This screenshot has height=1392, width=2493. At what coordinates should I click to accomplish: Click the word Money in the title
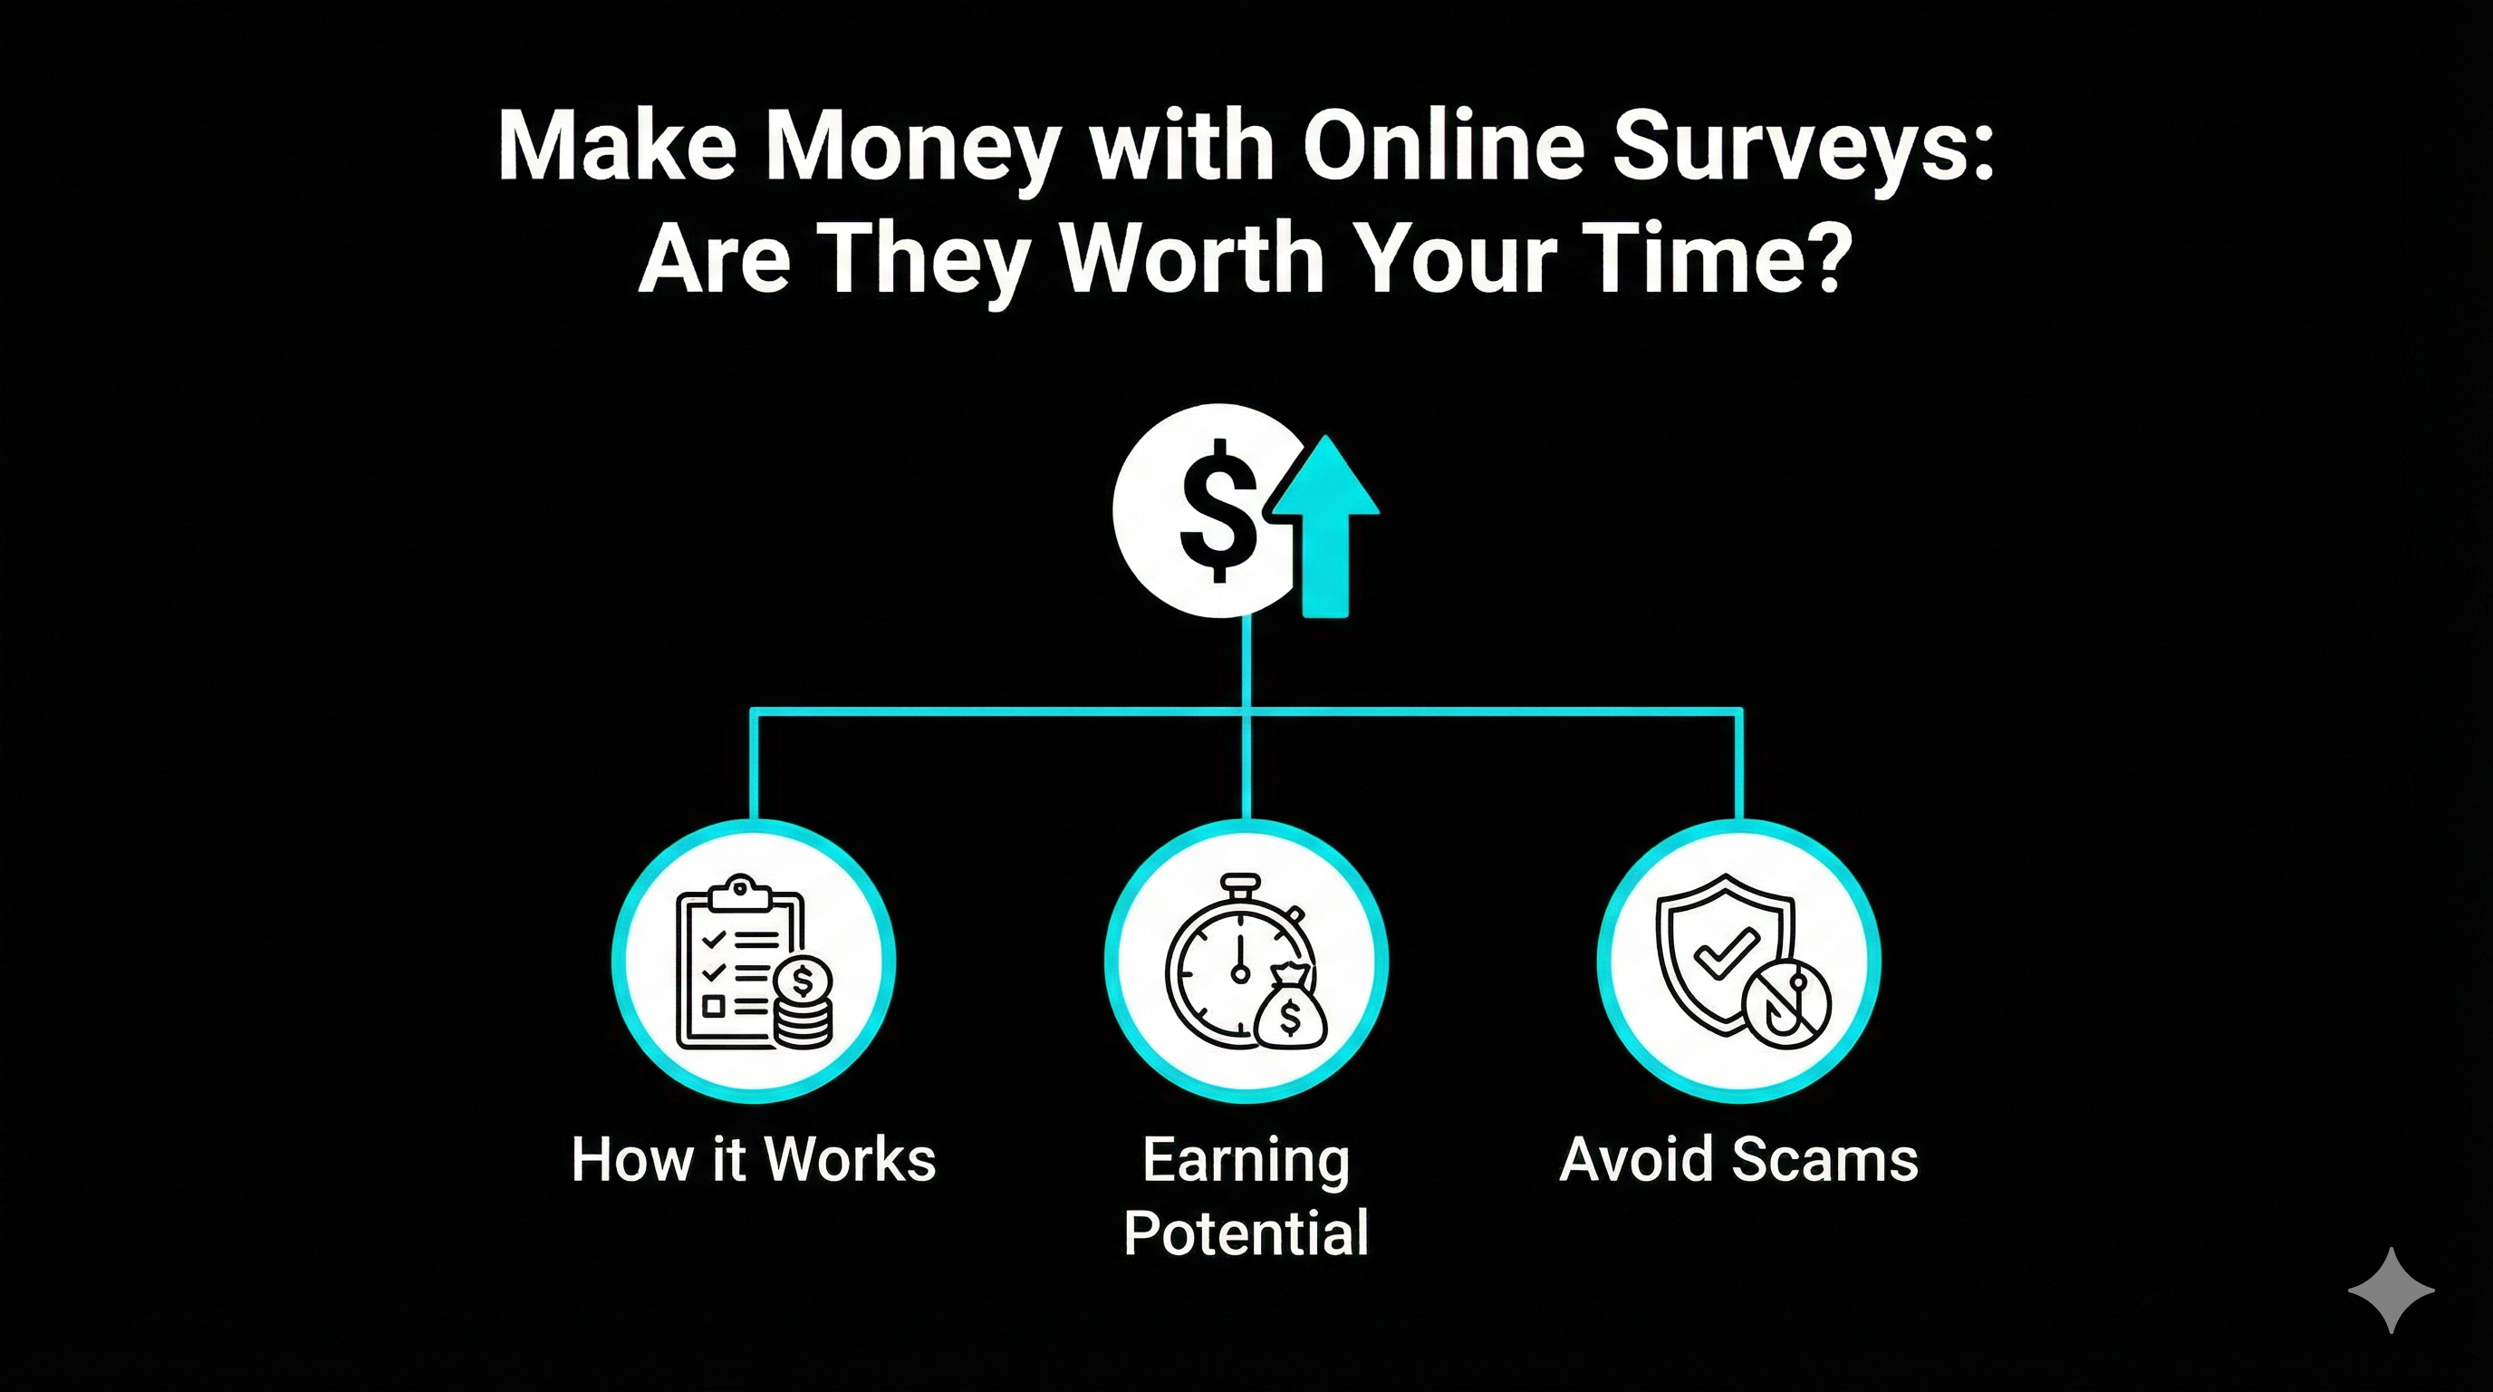pyautogui.click(x=909, y=147)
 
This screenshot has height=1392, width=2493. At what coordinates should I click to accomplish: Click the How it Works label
pyautogui.click(x=753, y=1159)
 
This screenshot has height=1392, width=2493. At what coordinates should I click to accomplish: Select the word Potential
pyautogui.click(x=1246, y=1232)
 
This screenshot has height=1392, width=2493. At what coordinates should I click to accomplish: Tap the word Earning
pyautogui.click(x=1246, y=1161)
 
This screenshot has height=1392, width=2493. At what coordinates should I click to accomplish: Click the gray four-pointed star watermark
pyautogui.click(x=2391, y=1290)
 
